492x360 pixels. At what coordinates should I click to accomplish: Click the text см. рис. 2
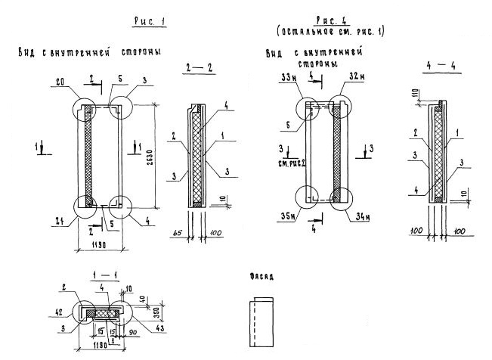289,161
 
